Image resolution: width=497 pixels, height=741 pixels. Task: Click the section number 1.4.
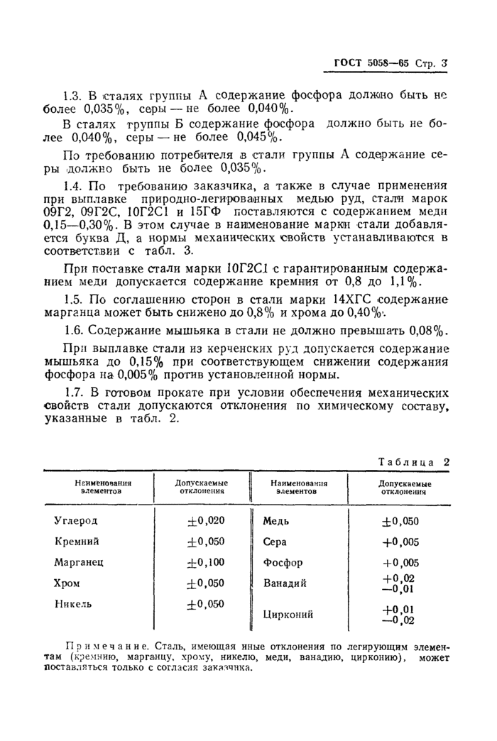(73, 185)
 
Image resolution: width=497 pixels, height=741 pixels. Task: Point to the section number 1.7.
(73, 392)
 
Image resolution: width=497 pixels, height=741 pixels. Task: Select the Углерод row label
(76, 520)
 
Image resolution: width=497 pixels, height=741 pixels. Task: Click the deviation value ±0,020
(205, 520)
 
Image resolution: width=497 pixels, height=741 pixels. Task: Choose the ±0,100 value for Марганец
(205, 562)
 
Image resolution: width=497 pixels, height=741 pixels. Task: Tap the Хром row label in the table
(67, 583)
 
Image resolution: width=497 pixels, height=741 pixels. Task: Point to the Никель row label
(73, 605)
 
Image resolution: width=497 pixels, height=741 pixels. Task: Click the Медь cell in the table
(275, 520)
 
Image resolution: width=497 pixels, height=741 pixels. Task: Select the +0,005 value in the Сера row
(400, 542)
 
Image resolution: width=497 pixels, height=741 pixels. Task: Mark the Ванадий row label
(285, 583)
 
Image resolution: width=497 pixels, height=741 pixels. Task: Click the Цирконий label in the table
(288, 615)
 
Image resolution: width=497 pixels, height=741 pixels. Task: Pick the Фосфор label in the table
(283, 563)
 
